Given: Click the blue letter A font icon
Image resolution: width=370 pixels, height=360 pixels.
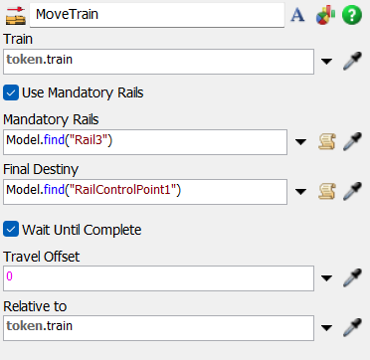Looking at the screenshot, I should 296,15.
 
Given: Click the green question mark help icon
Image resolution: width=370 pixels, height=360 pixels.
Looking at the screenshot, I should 351,15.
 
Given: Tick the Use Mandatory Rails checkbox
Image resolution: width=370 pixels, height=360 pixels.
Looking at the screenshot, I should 12,93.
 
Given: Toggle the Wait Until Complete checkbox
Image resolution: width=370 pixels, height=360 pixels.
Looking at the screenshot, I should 12,230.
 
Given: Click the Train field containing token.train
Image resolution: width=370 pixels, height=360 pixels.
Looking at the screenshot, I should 159,61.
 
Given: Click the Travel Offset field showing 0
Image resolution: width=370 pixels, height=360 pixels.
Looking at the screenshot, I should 159,277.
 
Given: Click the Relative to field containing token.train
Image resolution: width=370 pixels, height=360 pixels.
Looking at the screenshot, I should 159,325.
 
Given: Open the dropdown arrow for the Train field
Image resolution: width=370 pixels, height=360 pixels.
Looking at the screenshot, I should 328,62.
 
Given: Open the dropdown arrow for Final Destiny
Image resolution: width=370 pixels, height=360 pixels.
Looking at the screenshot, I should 301,191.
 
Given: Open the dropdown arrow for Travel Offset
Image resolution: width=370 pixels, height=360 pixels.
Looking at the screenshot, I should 328,278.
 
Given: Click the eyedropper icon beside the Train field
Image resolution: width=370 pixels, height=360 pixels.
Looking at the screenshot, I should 351,62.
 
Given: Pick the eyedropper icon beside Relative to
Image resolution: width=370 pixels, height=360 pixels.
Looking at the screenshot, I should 351,325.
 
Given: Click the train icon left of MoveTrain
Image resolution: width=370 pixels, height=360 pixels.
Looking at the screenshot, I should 15,15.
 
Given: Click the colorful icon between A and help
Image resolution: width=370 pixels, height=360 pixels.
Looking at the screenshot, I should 324,15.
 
